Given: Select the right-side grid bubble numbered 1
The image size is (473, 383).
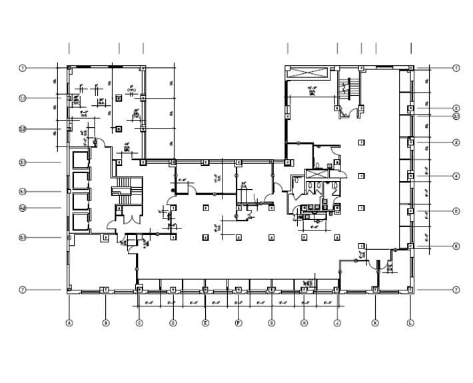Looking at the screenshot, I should click(x=456, y=68).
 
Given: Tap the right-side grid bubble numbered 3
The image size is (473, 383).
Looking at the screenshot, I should click(x=456, y=143).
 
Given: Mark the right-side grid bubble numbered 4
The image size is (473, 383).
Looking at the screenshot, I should click(x=456, y=177).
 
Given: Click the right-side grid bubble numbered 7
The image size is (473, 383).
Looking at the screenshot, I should click(x=456, y=290).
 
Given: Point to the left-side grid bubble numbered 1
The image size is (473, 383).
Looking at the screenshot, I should click(x=22, y=68).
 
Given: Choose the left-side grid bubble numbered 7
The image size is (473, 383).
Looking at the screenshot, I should click(x=22, y=290).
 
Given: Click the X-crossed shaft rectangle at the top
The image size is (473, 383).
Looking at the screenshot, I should click(x=306, y=73).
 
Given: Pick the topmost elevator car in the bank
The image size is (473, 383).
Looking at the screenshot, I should click(x=81, y=159).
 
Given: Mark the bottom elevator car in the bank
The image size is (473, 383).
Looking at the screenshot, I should click(x=81, y=222).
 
